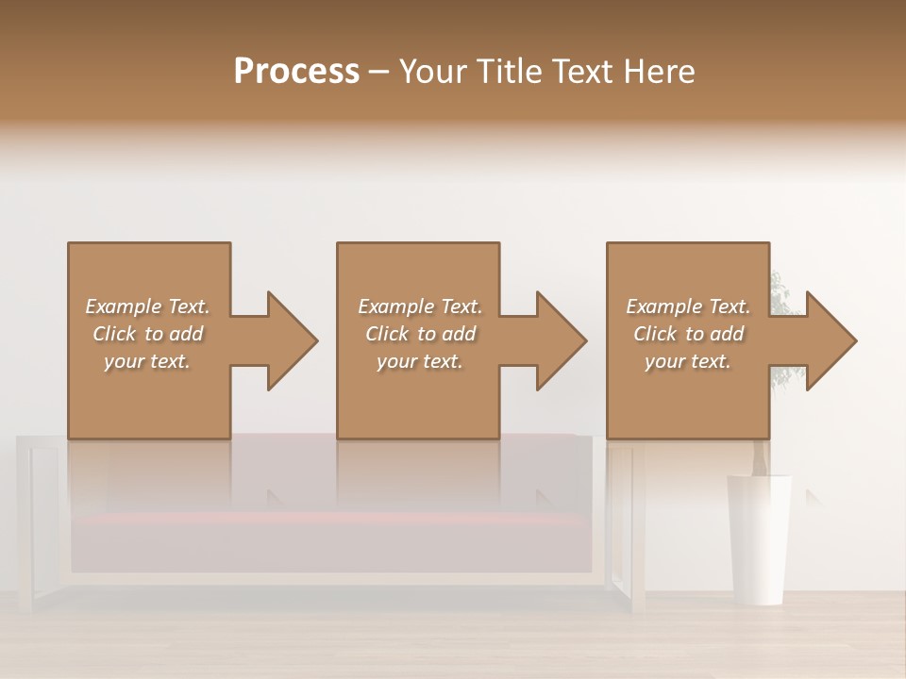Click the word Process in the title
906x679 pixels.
tap(296, 72)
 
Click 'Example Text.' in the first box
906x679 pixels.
tap(148, 306)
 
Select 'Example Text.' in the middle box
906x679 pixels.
tap(420, 306)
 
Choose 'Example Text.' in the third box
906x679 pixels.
tap(688, 306)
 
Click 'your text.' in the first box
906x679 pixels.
tap(147, 361)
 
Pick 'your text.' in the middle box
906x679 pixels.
tap(419, 361)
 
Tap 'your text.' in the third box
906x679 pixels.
tap(687, 361)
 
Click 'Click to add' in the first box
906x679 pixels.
tap(148, 334)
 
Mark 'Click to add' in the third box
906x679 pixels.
tap(688, 334)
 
